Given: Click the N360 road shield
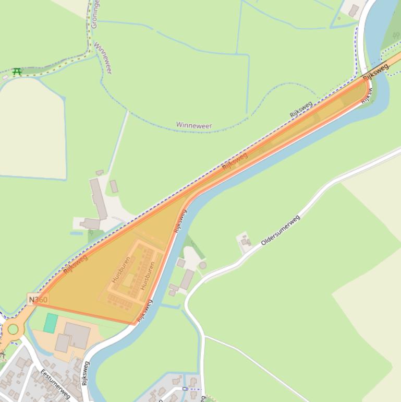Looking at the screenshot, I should click(38, 300).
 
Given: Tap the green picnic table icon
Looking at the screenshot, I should click(17, 72).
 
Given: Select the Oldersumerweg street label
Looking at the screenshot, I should click(281, 230).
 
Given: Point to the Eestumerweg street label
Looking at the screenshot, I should click(55, 384).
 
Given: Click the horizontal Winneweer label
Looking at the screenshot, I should click(193, 125).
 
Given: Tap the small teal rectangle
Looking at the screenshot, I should click(51, 323).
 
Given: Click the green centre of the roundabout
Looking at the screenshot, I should click(13, 329).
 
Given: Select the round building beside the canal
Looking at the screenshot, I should click(202, 265).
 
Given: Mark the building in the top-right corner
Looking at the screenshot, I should click(354, 10).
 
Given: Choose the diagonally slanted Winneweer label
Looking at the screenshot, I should click(103, 58).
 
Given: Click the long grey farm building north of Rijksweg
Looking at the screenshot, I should click(98, 198).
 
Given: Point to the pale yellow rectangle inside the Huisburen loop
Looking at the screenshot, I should click(128, 280).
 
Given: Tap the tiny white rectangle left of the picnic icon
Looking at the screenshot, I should click(5, 77).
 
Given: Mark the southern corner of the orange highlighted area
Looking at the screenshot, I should click(135, 324).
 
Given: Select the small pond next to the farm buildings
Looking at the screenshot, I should click(76, 233).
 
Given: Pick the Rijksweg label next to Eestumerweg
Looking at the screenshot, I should click(85, 373).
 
